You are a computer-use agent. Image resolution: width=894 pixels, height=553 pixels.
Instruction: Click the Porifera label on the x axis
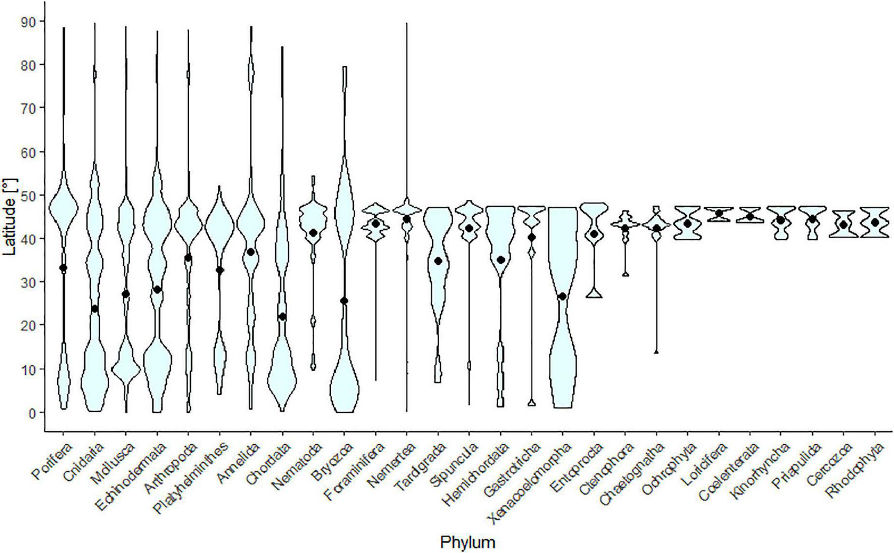tap(52, 460)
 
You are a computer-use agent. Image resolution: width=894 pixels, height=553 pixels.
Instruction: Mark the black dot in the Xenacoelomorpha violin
tap(562, 296)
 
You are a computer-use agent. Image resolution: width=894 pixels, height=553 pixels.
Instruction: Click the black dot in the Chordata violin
tap(282, 317)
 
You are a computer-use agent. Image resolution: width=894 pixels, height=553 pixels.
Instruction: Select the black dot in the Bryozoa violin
tap(344, 301)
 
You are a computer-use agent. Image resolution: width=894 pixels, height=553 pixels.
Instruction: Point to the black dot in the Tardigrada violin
tap(438, 261)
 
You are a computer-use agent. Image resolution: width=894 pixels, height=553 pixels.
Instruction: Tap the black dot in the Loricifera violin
tap(718, 213)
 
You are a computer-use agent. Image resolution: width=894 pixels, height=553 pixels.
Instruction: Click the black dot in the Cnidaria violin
tap(94, 308)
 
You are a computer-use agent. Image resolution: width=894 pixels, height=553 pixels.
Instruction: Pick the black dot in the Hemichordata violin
tap(500, 260)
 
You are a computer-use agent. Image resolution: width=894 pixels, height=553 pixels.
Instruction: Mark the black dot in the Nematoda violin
tap(313, 233)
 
